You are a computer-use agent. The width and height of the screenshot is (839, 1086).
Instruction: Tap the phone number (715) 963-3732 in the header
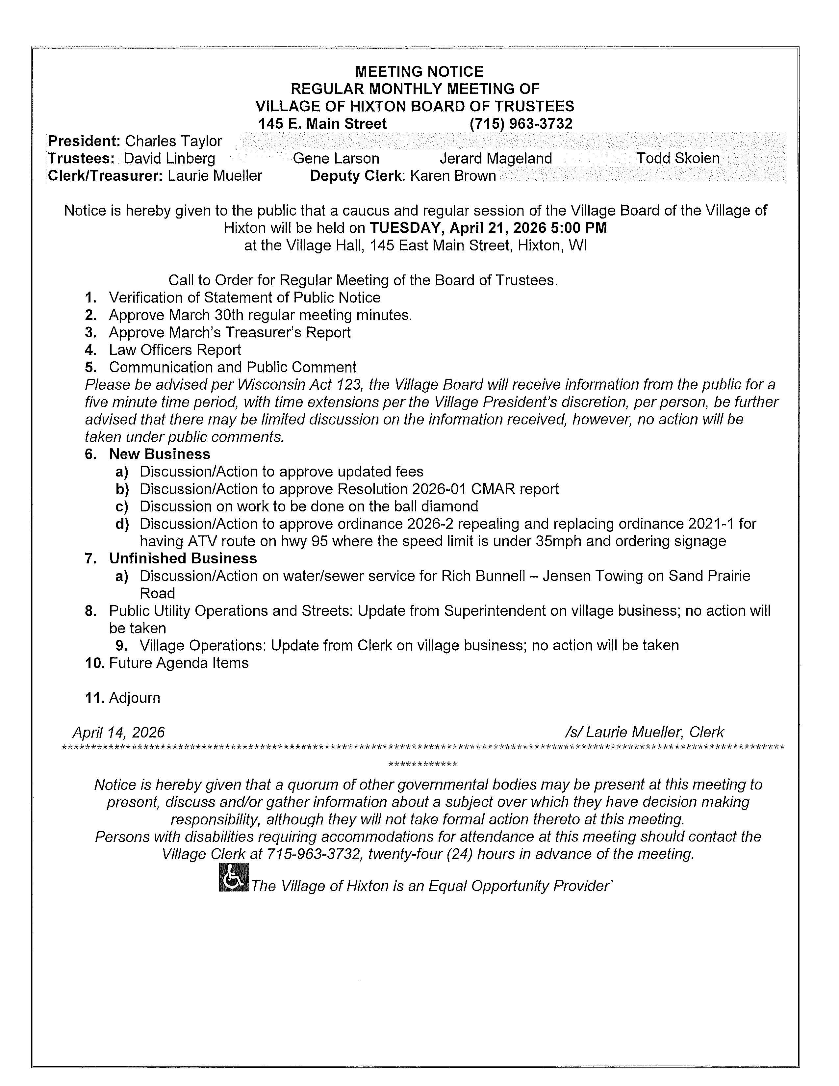pos(521,124)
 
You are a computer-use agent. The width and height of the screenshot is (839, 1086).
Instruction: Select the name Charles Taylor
pos(173,141)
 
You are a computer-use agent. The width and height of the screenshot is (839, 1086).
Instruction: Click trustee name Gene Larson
pos(336,159)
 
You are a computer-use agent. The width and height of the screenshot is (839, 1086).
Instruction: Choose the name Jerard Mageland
pos(496,159)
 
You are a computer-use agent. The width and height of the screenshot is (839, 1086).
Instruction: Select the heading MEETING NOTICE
pos(419,72)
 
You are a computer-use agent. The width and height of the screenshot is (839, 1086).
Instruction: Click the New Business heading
pos(160,454)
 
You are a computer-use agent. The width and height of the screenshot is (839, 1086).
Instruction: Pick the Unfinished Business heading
pos(183,559)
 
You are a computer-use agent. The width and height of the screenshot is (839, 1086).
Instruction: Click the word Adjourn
pos(134,698)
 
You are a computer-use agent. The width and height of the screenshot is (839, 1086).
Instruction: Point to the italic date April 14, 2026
pos(119,733)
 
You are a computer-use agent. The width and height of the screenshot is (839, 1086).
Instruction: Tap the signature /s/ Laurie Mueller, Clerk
pos(644,733)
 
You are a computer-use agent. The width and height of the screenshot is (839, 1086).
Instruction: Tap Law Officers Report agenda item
pos(175,350)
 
